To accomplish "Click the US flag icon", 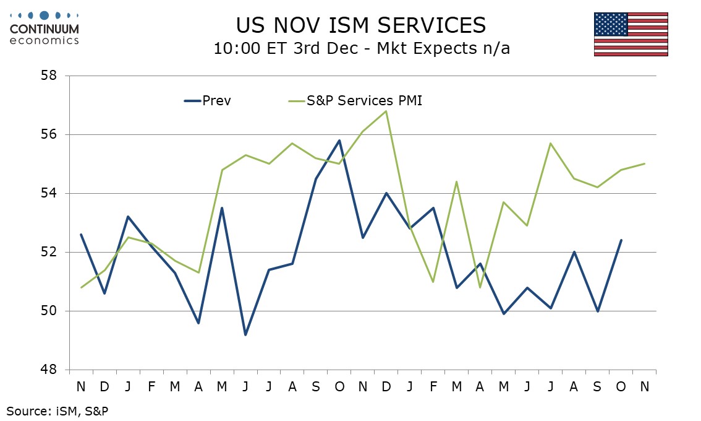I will [631, 34].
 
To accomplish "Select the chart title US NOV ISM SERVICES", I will [361, 25].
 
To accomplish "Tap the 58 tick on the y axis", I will [49, 76].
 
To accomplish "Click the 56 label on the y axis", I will [49, 134].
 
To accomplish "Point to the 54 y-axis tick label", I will [49, 193].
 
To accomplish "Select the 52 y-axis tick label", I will [49, 252].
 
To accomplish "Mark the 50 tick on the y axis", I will [49, 311].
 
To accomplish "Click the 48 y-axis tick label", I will [49, 370].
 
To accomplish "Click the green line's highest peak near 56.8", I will [386, 111].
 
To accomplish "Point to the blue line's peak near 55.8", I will [339, 141].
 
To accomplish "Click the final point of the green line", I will [644, 163].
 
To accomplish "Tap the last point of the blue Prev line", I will [621, 240].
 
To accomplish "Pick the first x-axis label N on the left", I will [81, 386].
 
